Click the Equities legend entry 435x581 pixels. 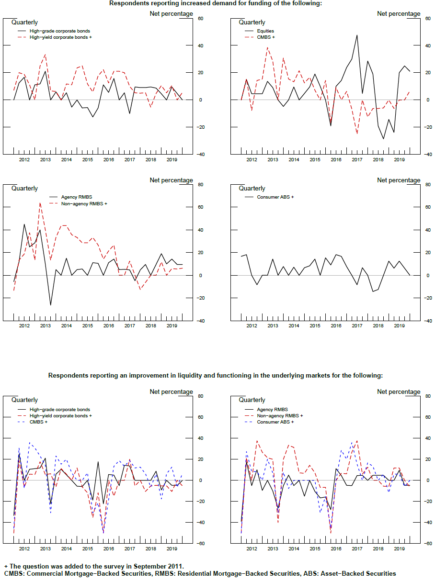[x=265, y=31]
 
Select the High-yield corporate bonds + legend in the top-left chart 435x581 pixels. [x=61, y=37]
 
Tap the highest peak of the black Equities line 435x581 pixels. [x=357, y=35]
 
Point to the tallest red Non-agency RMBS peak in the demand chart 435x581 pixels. [x=40, y=203]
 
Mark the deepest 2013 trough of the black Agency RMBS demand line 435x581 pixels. [x=50, y=305]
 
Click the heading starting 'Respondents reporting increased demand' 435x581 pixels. [x=216, y=3]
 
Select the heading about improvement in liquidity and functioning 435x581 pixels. [x=216, y=376]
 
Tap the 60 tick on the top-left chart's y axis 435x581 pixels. [x=200, y=19]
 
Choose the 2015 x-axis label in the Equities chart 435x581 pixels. [x=315, y=159]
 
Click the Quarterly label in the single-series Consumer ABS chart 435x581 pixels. [x=252, y=189]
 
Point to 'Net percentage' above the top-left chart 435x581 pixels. [x=171, y=13]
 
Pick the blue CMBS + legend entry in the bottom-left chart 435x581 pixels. [x=38, y=422]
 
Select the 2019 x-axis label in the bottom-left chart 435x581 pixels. [x=172, y=549]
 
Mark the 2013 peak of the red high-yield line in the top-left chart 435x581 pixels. [x=45, y=54]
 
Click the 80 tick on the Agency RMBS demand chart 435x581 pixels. [x=200, y=185]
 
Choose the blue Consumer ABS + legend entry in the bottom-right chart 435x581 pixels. [x=275, y=422]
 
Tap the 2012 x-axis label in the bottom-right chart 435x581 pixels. [x=252, y=549]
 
